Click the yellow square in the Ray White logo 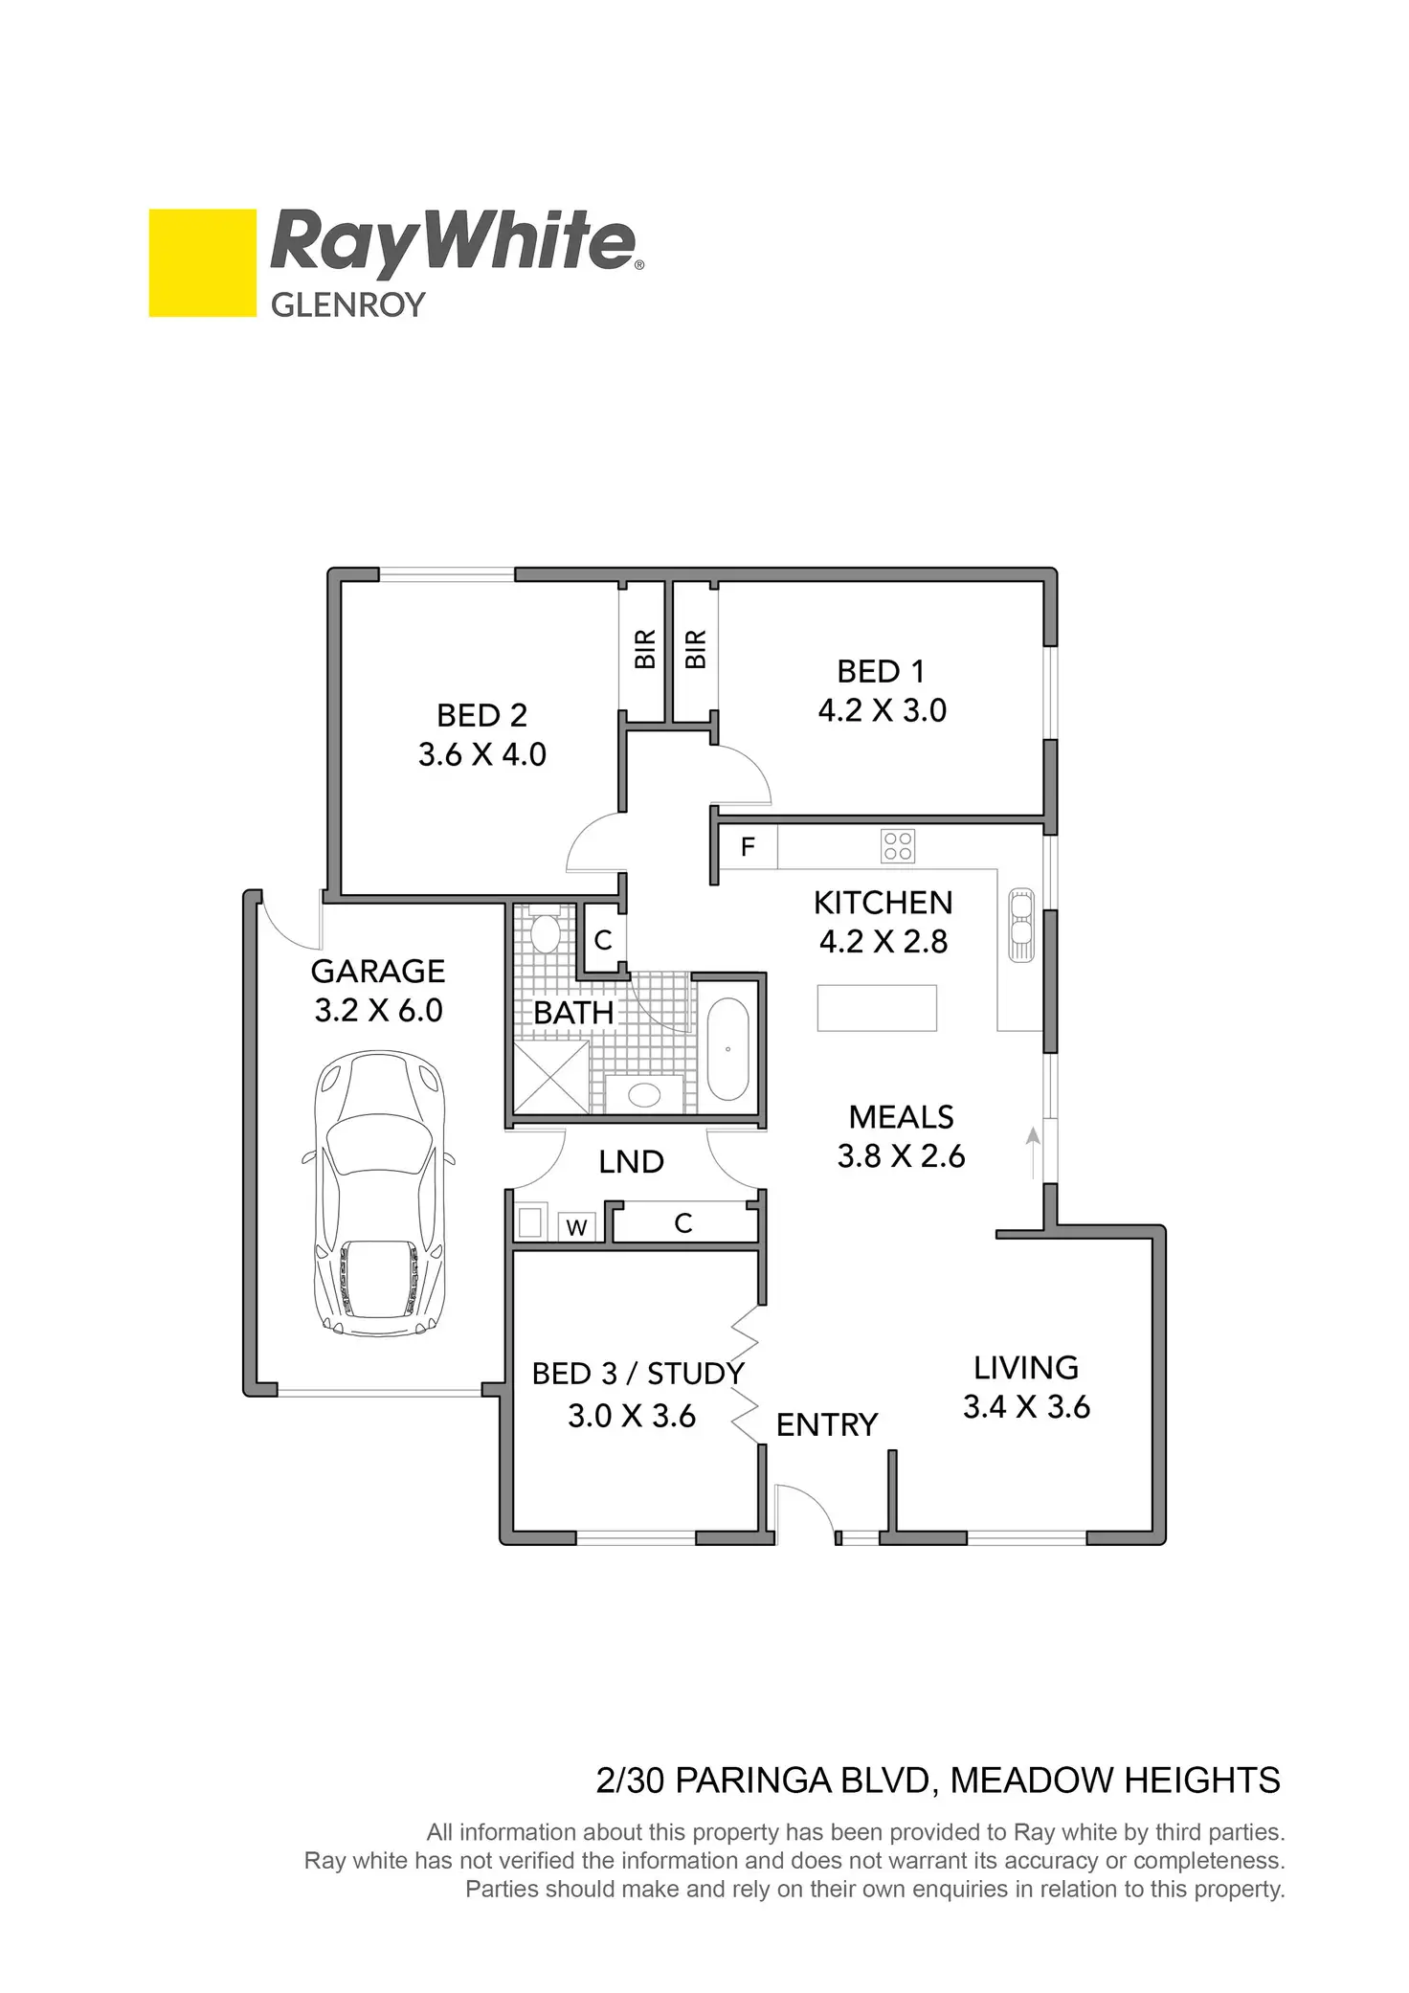(202, 262)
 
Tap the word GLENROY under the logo (347, 305)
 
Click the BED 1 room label (881, 671)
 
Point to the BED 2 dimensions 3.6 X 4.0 (481, 754)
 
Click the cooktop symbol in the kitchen (898, 845)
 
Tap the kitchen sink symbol (1021, 926)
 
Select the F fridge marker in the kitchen (748, 846)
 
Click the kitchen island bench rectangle (876, 1008)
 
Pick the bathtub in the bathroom (728, 1050)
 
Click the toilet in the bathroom (546, 929)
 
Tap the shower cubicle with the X (551, 1076)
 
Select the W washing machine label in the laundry (576, 1228)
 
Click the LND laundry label (631, 1161)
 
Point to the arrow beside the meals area (1033, 1152)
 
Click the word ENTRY (826, 1425)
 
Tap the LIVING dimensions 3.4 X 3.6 (1026, 1406)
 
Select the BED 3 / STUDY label (637, 1374)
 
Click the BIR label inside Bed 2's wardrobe (645, 649)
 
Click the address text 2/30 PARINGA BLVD (762, 1780)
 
